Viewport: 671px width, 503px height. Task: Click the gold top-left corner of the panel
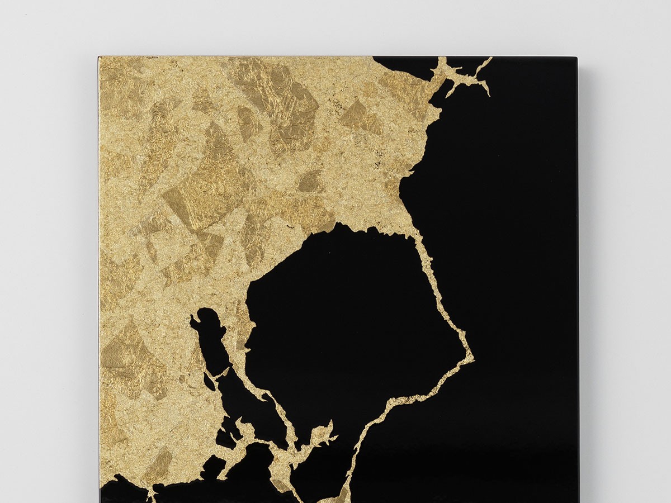(101, 59)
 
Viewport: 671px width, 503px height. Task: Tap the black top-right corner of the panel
(574, 59)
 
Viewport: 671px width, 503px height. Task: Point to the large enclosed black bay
(347, 313)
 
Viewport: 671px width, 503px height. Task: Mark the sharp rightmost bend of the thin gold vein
(471, 354)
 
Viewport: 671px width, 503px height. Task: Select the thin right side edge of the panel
(578, 279)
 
